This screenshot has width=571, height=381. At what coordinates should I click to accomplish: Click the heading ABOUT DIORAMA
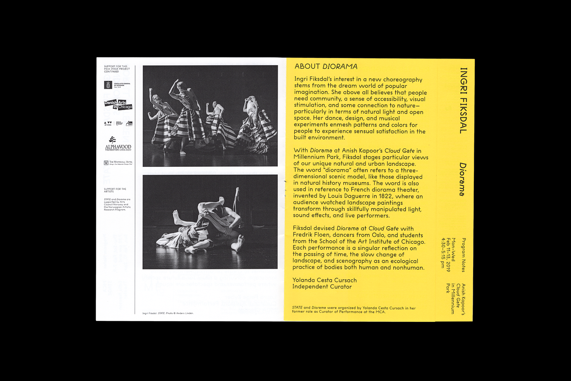(326, 66)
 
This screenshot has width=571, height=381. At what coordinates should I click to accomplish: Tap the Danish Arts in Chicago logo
(118, 105)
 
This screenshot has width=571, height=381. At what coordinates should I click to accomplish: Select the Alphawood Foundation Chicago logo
(118, 144)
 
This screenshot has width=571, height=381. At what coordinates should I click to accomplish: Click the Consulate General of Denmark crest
(108, 85)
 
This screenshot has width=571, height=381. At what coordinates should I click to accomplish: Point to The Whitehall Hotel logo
(118, 163)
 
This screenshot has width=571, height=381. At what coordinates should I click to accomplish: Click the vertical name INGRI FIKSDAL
(463, 101)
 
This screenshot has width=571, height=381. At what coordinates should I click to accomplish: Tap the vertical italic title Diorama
(463, 179)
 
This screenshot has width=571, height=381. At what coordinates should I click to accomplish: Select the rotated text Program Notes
(463, 255)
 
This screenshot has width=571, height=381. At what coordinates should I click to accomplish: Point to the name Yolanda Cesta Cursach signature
(324, 280)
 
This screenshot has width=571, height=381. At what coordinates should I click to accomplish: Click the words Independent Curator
(322, 287)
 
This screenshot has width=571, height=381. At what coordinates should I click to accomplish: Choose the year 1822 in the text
(385, 196)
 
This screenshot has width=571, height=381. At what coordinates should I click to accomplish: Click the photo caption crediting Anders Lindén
(168, 313)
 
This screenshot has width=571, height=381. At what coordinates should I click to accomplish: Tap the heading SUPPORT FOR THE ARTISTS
(115, 190)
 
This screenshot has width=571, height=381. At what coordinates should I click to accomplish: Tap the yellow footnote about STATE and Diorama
(354, 310)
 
